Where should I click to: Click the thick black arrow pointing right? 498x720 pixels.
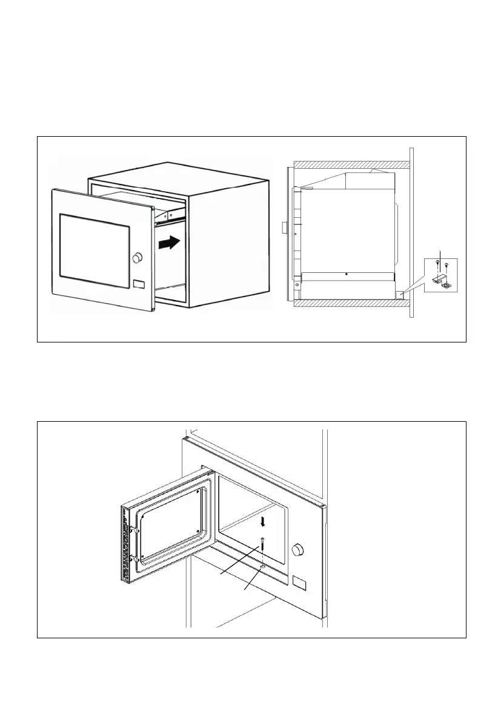(x=168, y=243)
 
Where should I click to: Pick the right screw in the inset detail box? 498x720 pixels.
(x=447, y=265)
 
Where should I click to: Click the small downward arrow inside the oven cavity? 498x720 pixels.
(x=262, y=522)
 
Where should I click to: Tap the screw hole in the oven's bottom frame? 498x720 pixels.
(x=261, y=567)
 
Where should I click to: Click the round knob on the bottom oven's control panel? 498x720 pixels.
(x=297, y=550)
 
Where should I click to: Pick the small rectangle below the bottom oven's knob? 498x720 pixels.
(x=299, y=582)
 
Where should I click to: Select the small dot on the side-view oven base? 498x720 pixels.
(x=345, y=273)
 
